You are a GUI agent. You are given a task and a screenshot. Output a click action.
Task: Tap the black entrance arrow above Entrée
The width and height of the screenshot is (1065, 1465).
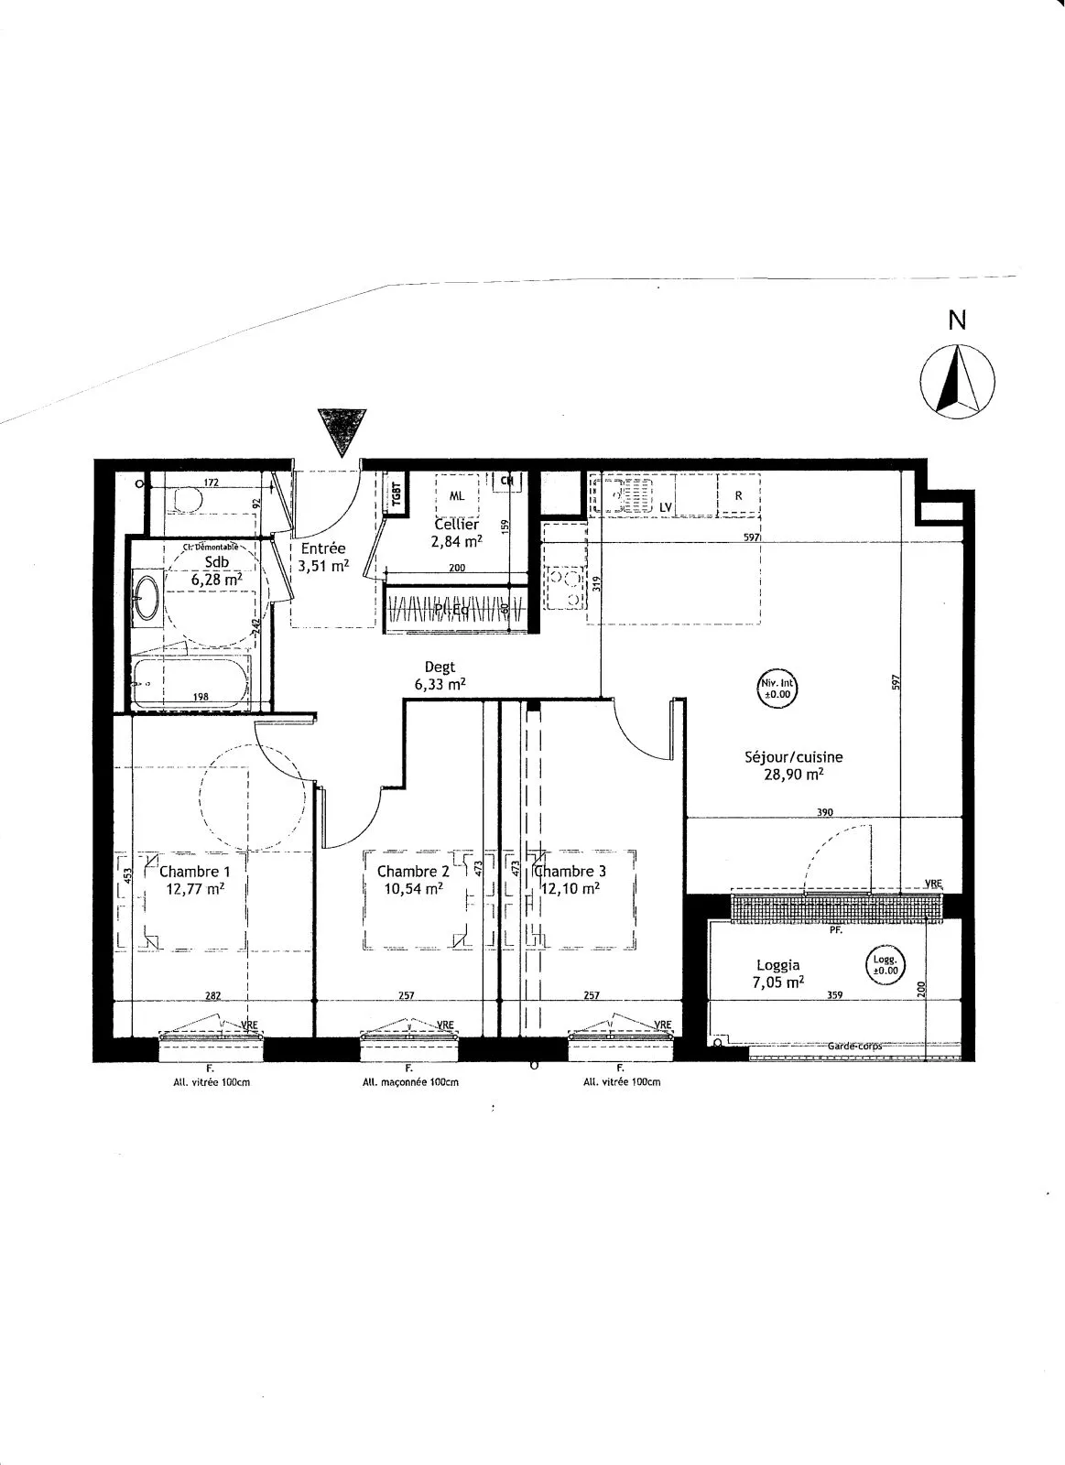coord(342,430)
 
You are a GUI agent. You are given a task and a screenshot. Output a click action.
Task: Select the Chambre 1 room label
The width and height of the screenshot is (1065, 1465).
coord(189,872)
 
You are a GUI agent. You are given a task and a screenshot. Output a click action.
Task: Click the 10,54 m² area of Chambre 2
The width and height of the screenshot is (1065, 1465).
coord(411,887)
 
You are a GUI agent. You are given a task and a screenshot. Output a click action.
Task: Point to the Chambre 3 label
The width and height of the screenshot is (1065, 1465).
coord(569,872)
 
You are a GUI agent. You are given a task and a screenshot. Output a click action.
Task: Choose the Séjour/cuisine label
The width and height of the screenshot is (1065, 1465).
coord(793,757)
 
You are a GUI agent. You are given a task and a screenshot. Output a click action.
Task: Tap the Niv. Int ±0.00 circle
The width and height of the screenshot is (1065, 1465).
coord(777,688)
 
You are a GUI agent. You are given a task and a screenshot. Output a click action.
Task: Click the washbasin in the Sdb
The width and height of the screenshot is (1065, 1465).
coord(145,598)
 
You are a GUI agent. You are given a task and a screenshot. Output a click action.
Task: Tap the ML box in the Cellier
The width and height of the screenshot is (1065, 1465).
coord(456,495)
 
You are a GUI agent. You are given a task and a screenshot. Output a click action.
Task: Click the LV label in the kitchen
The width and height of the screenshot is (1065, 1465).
coord(666,506)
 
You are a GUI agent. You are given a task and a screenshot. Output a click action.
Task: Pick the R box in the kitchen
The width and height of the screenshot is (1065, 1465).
coord(738,495)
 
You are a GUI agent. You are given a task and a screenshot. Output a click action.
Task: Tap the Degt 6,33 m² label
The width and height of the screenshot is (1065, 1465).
coord(440,676)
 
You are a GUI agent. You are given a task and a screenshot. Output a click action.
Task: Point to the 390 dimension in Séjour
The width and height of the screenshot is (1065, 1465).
coord(823,812)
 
